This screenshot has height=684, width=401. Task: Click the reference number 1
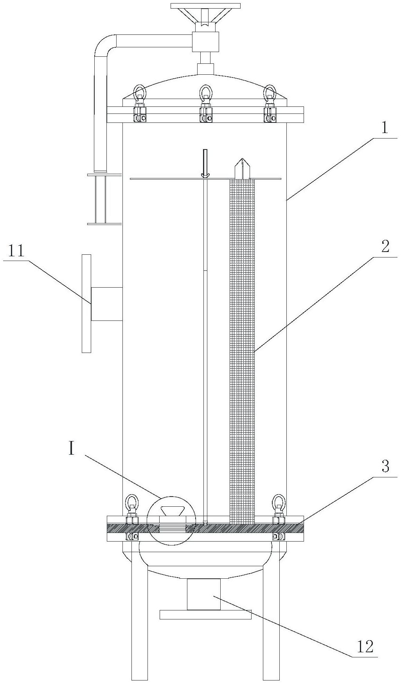click(385, 128)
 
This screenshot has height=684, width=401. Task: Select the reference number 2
click(385, 247)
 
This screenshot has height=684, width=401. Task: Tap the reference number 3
click(385, 466)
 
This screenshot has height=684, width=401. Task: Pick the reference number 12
click(365, 646)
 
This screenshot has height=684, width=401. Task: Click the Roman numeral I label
click(71, 448)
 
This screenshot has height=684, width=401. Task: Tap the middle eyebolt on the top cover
click(206, 92)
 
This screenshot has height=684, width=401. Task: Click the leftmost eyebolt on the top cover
click(140, 92)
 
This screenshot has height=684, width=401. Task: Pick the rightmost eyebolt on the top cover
click(270, 92)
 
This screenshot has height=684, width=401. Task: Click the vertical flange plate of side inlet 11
click(86, 303)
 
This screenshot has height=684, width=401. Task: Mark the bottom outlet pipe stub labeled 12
click(203, 594)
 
